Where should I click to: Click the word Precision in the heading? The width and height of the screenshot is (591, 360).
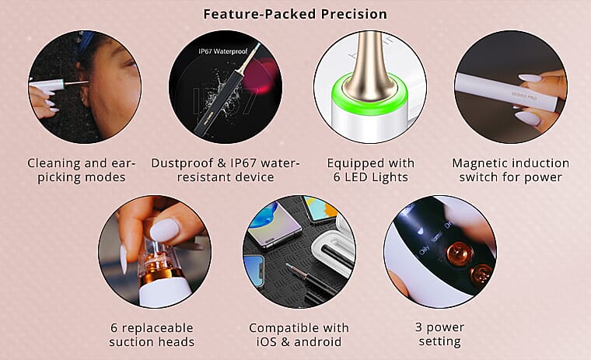pyautogui.click(x=354, y=14)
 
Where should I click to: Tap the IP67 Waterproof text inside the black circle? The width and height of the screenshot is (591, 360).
pyautogui.click(x=223, y=51)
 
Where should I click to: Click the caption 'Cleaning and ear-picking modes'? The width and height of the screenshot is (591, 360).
pyautogui.click(x=82, y=170)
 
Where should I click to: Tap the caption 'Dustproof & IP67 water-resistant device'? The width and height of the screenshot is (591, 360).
pyautogui.click(x=226, y=170)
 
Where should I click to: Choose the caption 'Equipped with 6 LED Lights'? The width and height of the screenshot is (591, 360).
pyautogui.click(x=370, y=170)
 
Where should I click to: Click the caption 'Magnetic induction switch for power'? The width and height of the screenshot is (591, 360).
pyautogui.click(x=511, y=170)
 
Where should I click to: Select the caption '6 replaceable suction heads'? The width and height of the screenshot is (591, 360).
pyautogui.click(x=152, y=335)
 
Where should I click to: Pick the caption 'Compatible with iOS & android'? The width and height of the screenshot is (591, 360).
pyautogui.click(x=299, y=335)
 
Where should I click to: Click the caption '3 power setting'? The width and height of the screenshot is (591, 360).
pyautogui.click(x=439, y=334)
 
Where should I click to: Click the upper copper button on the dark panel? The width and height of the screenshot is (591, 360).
pyautogui.click(x=460, y=254)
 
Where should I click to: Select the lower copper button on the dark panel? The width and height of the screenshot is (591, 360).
pyautogui.click(x=481, y=275)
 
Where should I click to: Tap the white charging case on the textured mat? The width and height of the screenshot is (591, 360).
pyautogui.click(x=334, y=250)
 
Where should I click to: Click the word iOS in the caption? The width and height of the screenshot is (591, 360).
pyautogui.click(x=267, y=341)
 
